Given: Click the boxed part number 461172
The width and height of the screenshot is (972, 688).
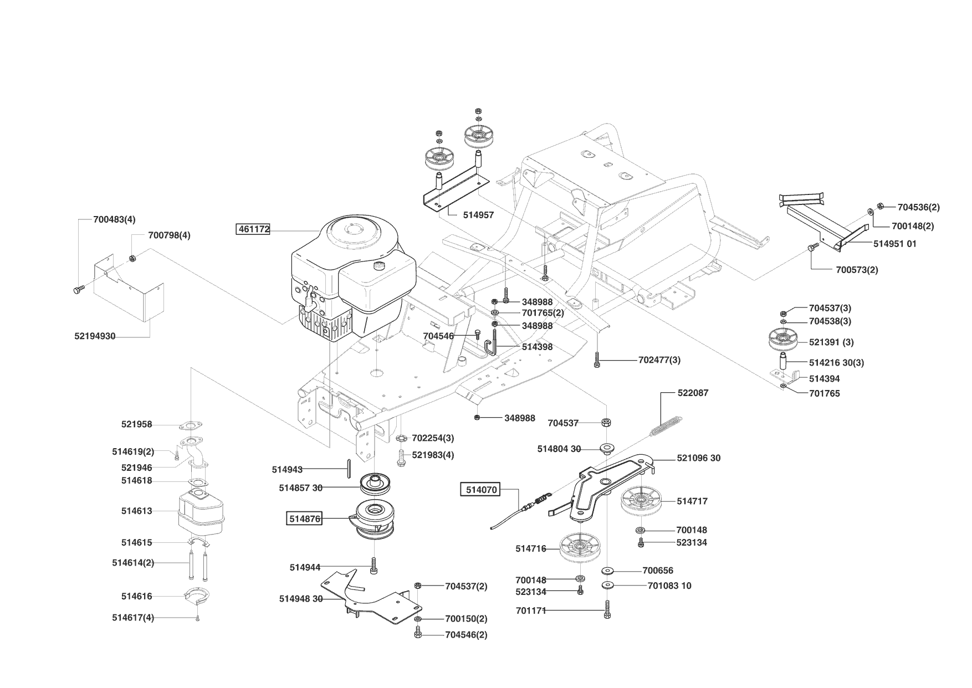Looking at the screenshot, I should tap(253, 229).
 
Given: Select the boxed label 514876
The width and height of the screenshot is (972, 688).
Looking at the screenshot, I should tap(304, 519).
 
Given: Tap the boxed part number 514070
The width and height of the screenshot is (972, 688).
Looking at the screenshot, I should tap(481, 490).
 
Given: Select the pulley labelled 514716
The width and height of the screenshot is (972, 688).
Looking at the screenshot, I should tap(580, 548).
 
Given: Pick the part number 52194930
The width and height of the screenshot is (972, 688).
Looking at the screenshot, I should tap(95, 336).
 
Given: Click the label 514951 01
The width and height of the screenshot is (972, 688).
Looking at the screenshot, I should tap(894, 244).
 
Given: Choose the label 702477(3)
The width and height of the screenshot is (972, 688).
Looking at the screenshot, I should tap(659, 360).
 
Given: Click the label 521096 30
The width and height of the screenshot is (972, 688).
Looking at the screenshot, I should tap(698, 458).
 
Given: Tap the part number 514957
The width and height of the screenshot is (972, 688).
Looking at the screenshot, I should tap(478, 215).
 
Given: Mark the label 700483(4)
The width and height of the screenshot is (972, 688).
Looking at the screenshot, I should tap(114, 219).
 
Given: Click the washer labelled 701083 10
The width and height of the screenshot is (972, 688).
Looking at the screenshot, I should tap(608, 585).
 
